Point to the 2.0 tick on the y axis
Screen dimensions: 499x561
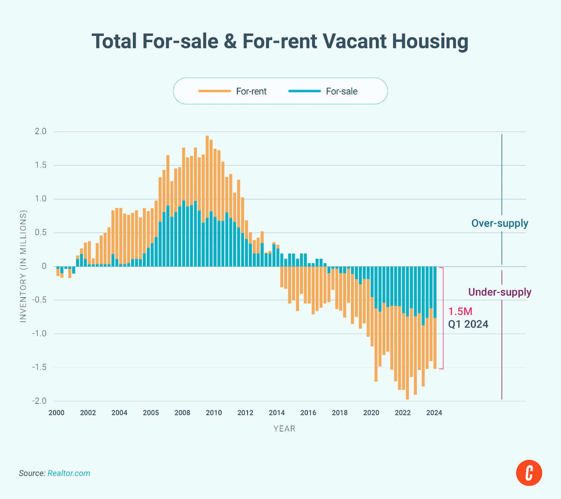(x=41, y=131)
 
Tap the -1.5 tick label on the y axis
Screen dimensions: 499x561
(x=39, y=367)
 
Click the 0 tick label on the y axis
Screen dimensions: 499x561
(x=44, y=266)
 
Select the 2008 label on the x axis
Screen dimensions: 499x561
(x=182, y=413)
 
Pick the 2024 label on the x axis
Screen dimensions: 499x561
(x=434, y=413)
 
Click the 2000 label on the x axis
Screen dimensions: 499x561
(x=56, y=413)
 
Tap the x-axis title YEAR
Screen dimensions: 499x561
(x=285, y=428)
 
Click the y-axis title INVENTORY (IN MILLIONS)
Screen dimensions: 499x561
(x=23, y=266)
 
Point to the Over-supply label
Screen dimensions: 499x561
(x=500, y=223)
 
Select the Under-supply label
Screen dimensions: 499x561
(x=500, y=292)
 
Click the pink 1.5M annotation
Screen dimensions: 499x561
(x=460, y=311)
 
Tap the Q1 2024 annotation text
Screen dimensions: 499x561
(x=468, y=324)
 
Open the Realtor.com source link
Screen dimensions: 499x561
(x=69, y=473)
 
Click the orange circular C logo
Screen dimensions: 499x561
(x=529, y=473)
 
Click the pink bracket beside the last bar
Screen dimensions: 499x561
(x=443, y=318)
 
